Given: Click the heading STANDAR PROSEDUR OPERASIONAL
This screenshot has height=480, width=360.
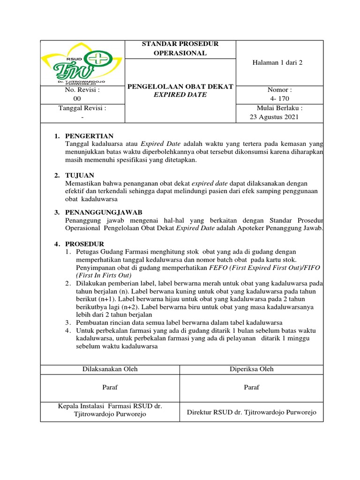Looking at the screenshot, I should [x=180, y=48].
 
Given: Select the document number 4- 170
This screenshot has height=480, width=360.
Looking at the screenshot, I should [x=279, y=98].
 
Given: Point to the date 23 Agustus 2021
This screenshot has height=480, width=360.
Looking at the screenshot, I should [x=274, y=117].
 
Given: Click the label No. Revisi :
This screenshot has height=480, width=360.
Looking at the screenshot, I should [x=82, y=90].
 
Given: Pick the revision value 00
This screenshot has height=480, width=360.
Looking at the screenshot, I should [x=78, y=98].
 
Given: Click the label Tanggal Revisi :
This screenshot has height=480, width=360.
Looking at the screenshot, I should [x=82, y=108].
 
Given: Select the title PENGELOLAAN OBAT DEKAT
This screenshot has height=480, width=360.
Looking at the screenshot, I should [x=180, y=86].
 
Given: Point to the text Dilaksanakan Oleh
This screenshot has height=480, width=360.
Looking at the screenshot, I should [x=110, y=369].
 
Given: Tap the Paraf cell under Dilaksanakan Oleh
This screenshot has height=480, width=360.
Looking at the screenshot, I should [x=110, y=388].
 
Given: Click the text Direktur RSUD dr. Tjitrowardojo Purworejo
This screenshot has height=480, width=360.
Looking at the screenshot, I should [x=252, y=412].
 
